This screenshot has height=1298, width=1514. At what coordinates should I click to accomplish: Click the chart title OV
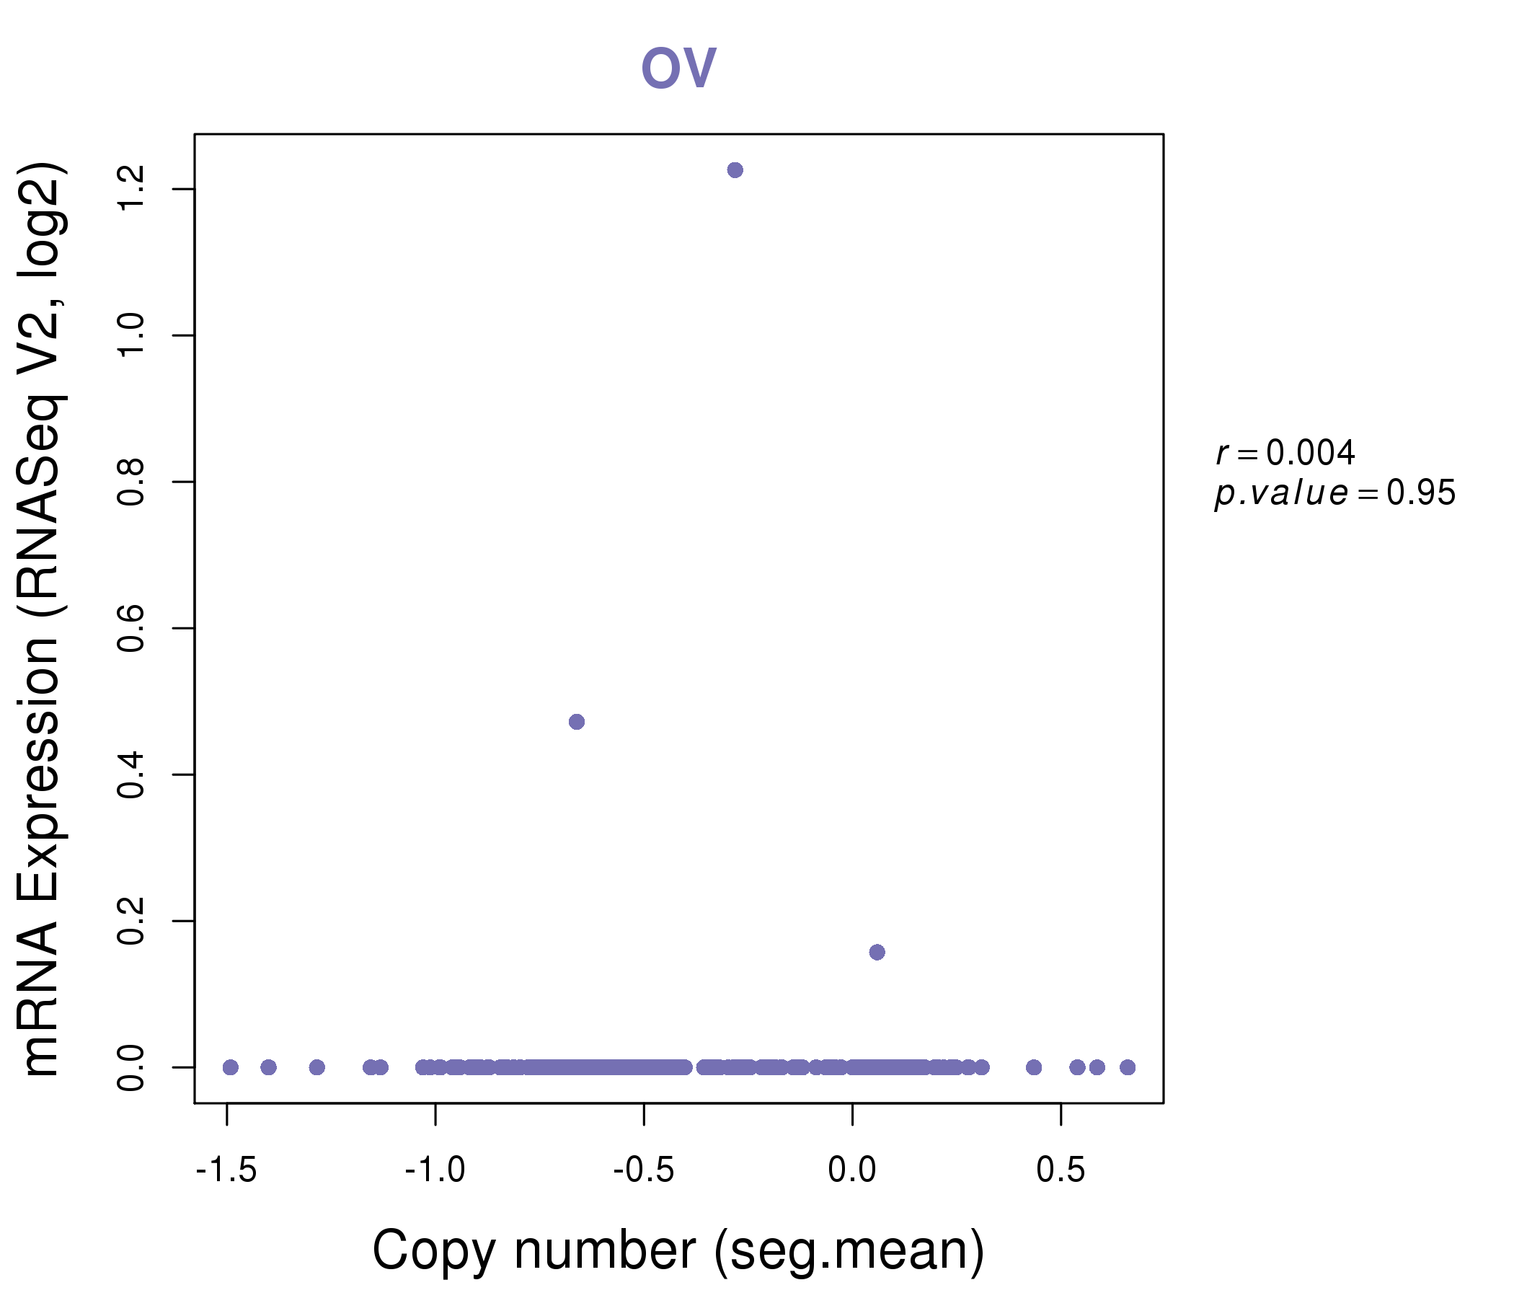coord(678,68)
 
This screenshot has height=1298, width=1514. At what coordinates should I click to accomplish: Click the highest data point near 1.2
coord(735,170)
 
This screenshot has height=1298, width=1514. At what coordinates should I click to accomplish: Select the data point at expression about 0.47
coord(577,722)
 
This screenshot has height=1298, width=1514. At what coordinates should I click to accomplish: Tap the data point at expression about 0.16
coord(877,953)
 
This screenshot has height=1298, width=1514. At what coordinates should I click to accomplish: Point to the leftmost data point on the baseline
coord(231,1068)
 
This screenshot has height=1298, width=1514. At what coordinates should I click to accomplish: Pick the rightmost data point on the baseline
coord(1128,1068)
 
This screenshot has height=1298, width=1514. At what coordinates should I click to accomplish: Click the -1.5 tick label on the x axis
coord(226,1170)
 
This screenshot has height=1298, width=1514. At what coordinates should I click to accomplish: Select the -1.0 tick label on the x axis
coord(435,1170)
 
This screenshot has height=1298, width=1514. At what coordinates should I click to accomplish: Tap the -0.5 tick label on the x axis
coord(644,1170)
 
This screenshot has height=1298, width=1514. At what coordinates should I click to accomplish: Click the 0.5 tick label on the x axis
coord(1061,1170)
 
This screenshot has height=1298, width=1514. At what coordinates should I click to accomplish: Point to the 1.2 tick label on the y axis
coord(131,188)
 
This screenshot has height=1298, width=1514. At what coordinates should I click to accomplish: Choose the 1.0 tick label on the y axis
coord(131,335)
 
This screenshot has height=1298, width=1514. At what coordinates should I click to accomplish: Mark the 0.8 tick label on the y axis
coord(131,482)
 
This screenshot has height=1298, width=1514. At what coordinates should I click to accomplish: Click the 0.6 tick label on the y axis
coord(131,628)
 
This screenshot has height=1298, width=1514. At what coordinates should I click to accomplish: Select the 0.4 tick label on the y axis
coord(131,774)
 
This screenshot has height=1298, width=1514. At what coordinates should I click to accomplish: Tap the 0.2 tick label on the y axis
coord(131,921)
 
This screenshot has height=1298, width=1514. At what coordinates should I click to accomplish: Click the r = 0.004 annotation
coord(1285,453)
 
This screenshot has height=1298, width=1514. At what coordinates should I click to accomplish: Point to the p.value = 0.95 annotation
coord(1335,493)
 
